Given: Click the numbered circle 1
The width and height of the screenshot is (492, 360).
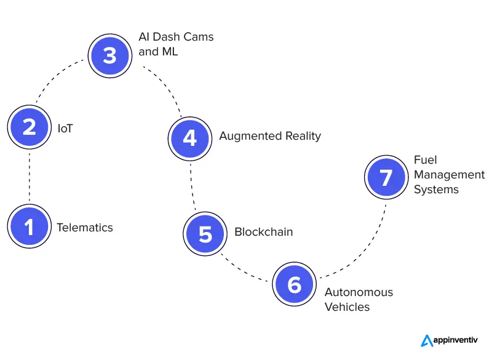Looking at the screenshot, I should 30,228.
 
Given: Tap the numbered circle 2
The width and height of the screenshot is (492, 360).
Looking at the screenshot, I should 30,127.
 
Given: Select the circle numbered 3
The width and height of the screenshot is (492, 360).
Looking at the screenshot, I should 109,56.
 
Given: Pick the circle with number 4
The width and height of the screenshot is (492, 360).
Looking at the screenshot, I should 190,137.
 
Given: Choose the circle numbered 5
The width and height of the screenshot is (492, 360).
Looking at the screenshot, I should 205,234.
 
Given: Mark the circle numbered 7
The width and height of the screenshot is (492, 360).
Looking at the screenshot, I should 386,177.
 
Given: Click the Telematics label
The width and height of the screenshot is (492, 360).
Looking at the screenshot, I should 85,228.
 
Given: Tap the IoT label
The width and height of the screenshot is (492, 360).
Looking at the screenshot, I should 65,129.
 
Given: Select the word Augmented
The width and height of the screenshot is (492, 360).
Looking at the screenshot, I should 248,136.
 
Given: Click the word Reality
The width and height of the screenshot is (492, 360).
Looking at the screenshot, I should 301,136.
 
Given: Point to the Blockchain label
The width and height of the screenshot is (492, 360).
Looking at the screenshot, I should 263,233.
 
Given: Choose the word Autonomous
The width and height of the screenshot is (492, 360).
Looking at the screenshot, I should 359,292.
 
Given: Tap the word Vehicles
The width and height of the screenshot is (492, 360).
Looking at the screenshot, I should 347,307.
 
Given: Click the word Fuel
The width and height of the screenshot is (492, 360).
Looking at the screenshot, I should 426,160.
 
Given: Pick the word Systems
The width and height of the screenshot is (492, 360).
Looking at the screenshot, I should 436,190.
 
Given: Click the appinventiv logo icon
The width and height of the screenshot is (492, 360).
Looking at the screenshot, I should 427,340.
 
